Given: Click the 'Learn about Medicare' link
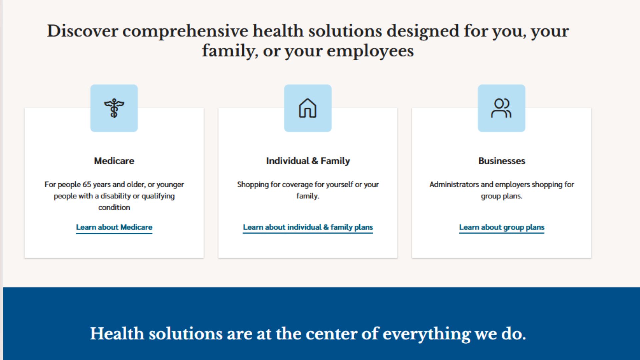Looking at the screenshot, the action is [114, 227].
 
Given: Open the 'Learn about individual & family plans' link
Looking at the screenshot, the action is [308, 227].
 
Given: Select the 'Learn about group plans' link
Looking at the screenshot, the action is [502, 227].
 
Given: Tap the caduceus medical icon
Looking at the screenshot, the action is [114, 108].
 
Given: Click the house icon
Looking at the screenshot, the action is [308, 108].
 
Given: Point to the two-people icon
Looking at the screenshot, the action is [501, 108].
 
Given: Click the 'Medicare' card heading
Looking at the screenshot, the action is [114, 161].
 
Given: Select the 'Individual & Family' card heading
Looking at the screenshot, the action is [308, 161].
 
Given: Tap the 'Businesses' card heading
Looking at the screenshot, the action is [502, 161].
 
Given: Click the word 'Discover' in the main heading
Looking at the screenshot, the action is [82, 31].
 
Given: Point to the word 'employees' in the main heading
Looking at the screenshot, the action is [370, 51].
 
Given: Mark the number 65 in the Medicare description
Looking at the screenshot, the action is [87, 184].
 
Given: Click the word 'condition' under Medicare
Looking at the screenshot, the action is [114, 207].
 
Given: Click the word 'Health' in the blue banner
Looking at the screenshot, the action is [117, 333].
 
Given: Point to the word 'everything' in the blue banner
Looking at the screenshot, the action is [427, 334].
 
